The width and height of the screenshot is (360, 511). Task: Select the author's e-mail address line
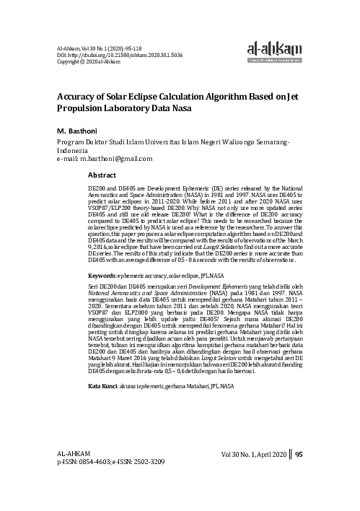(x=103, y=158)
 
